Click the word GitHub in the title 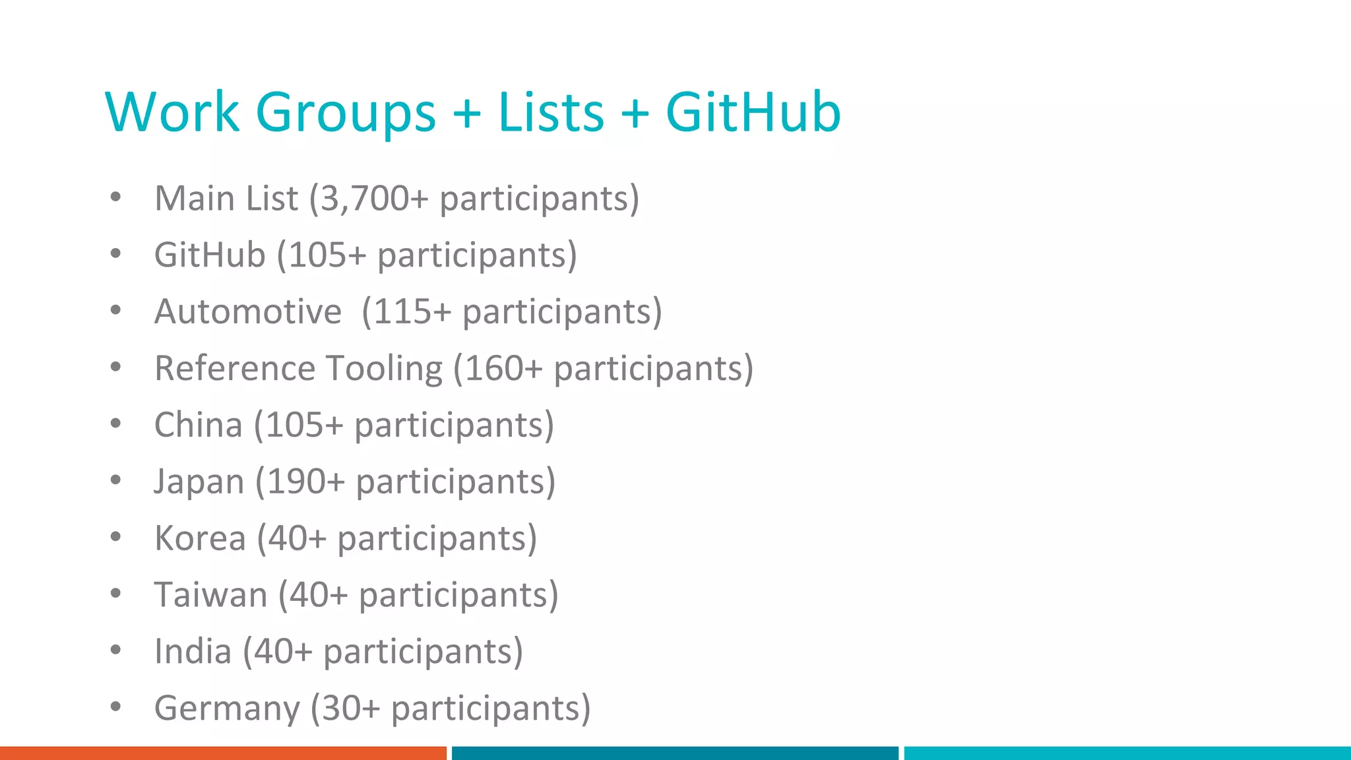753,112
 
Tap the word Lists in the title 551,112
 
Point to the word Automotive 248,311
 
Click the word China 198,425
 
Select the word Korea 200,538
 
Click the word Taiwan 210,595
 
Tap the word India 193,652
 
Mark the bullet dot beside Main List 116,197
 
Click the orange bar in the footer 223,753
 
